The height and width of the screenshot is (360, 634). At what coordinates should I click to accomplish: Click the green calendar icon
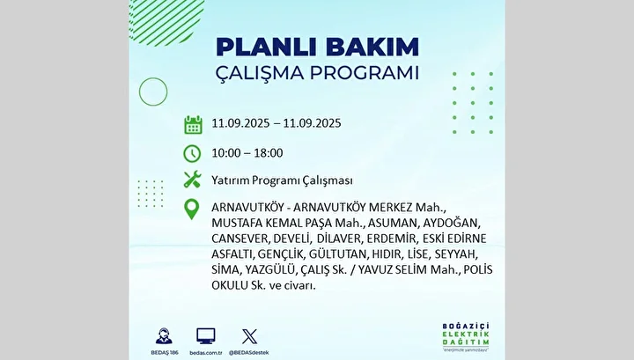pos(193,124)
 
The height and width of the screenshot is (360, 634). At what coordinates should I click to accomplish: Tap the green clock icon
pos(192,153)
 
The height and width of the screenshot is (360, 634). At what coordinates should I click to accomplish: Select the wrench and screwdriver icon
pos(192,180)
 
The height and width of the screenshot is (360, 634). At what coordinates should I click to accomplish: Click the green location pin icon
pos(192,209)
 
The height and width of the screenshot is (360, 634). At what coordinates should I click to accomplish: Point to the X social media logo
pos(249,336)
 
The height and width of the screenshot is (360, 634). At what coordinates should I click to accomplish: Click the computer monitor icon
pos(206,336)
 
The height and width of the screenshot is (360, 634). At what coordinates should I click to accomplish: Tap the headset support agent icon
pos(164,336)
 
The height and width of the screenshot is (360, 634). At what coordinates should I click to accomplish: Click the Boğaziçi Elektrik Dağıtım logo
pos(466,336)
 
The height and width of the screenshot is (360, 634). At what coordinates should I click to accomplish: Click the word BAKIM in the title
pos(372,47)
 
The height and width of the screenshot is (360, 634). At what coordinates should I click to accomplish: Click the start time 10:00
pos(226,153)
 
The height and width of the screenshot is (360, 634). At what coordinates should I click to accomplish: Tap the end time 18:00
pos(269,153)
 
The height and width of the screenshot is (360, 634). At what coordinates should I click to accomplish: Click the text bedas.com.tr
pos(206,353)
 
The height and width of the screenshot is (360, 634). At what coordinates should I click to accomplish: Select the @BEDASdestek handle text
pos(248,353)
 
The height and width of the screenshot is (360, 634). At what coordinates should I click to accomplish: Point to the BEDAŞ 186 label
pos(165,353)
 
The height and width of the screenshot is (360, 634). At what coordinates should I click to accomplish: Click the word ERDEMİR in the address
pos(391,239)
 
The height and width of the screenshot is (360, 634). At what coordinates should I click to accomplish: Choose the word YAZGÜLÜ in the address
pos(272,269)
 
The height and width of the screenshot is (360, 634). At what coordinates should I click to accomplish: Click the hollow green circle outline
pos(153,77)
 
